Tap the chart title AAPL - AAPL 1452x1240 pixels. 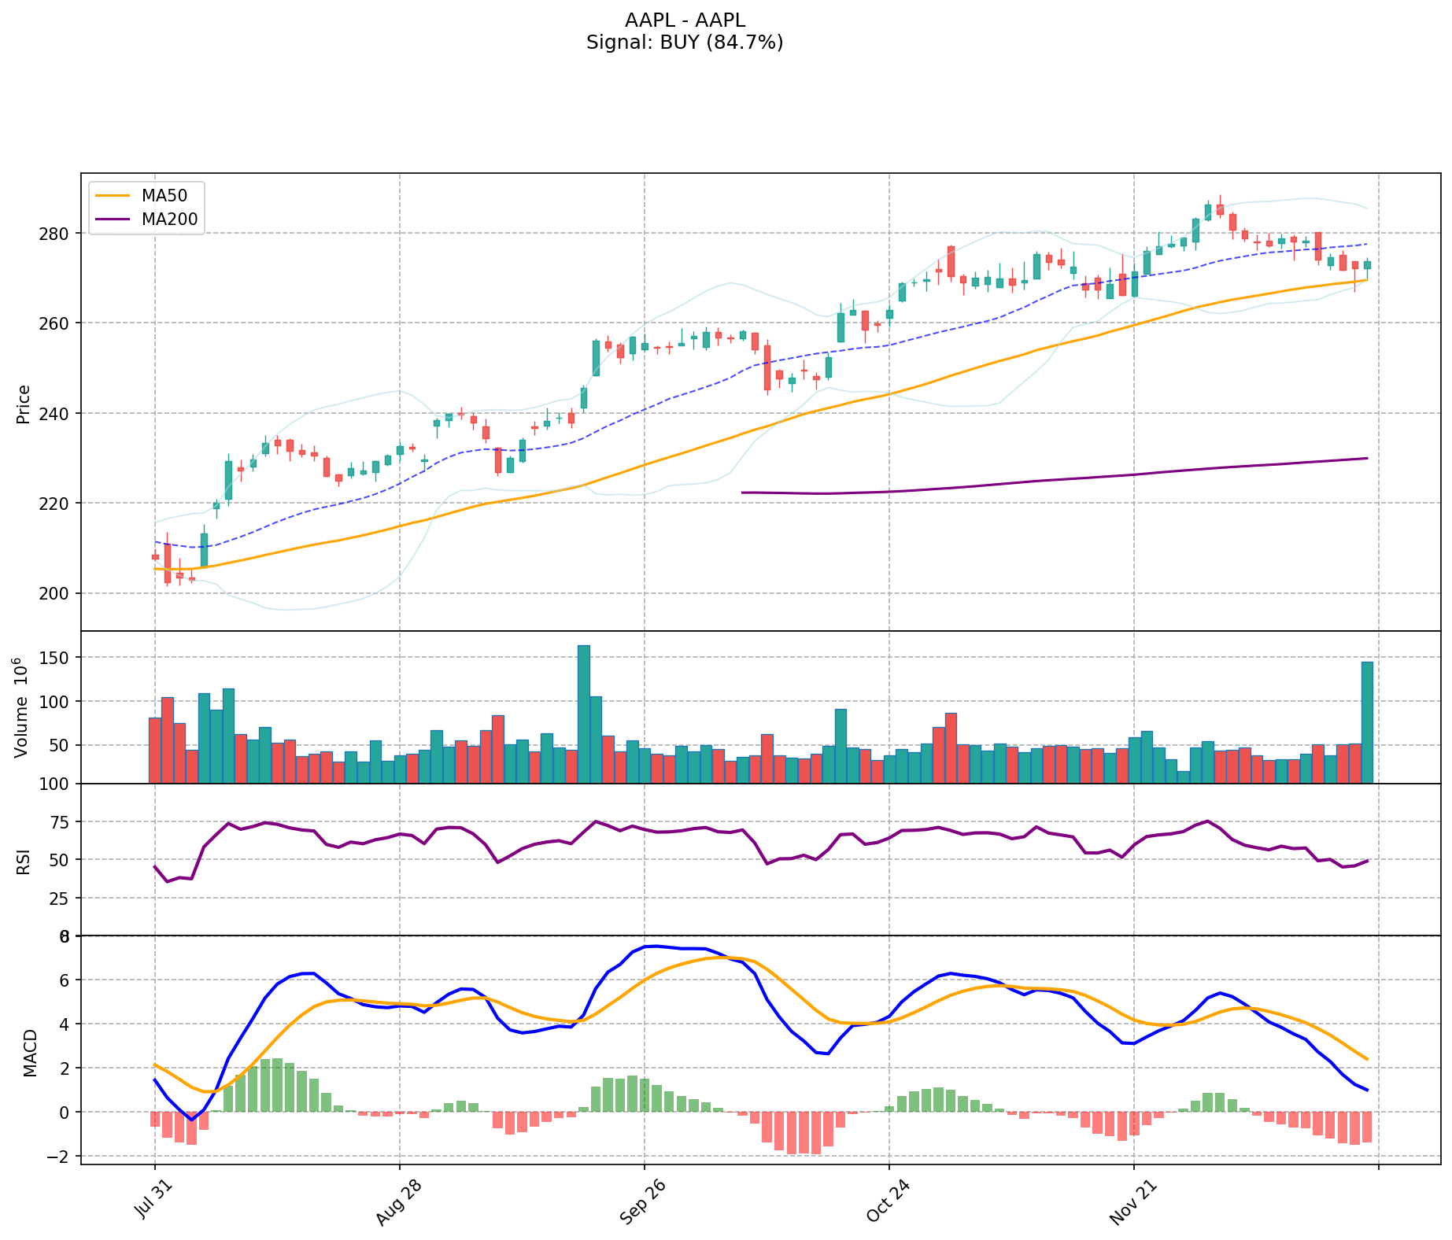685,20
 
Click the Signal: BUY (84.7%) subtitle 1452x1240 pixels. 685,42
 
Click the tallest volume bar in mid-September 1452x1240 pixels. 583,714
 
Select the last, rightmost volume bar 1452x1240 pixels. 1367,721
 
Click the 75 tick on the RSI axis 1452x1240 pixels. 63,822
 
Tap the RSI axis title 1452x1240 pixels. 24,861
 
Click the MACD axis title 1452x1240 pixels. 30,1053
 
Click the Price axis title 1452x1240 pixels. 24,404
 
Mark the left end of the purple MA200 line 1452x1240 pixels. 743,493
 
